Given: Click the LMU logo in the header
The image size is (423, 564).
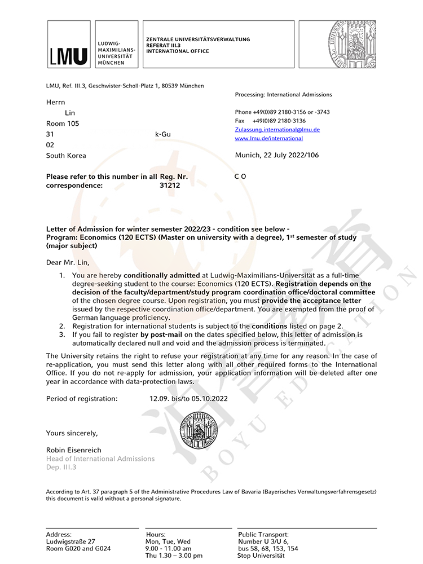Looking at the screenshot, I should tap(69, 45).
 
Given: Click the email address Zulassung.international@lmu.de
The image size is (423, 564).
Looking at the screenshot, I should tap(277, 130).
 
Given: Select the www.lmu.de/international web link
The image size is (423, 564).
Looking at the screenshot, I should tap(268, 138).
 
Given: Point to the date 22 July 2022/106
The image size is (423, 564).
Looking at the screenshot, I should tap(276, 155).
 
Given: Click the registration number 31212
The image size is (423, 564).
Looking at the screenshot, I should tap(170, 185).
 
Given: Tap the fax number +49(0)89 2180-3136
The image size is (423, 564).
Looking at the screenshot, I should tap(279, 121).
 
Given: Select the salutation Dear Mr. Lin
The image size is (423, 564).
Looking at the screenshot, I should tap(68, 262).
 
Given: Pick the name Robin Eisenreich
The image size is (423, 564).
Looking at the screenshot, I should tap(74, 450).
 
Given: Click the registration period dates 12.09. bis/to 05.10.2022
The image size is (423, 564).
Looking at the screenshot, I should tap(188, 399).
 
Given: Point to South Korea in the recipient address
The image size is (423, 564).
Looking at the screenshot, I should tap(66, 156).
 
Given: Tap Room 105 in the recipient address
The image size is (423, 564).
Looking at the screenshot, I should tap(63, 124).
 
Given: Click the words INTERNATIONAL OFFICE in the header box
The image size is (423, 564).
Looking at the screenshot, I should tap(177, 51).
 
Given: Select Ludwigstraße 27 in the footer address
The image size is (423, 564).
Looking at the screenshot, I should tap(70, 541).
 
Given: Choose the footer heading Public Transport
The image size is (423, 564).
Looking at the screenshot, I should tap(263, 534).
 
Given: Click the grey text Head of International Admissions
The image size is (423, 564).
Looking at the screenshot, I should tap(100, 459).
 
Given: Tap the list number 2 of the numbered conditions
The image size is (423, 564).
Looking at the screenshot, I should tap(61, 326).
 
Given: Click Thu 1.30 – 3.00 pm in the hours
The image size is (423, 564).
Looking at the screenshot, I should tap(174, 556).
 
